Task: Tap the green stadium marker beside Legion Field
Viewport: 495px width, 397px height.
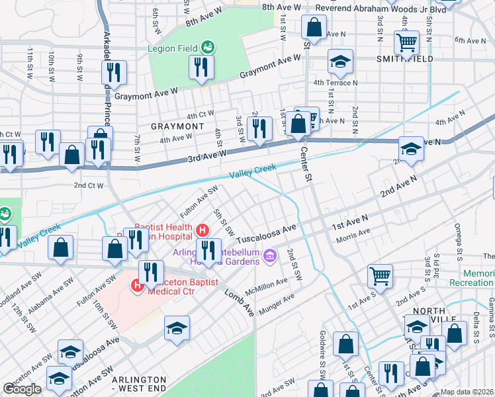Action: coord(208,46)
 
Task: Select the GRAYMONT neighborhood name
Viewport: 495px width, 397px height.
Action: coord(177,126)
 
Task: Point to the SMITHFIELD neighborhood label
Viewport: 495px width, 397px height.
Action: coord(405,59)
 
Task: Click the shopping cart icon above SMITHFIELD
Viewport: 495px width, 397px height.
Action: coord(406,42)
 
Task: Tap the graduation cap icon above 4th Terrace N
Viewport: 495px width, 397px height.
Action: coord(341,63)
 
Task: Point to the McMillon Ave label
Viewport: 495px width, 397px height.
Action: coord(265,286)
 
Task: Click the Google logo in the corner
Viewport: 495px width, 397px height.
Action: coord(22,389)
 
